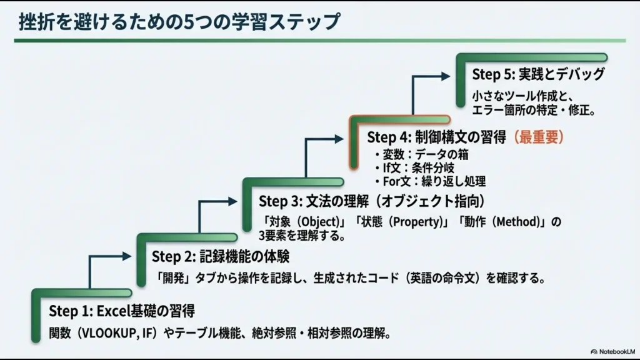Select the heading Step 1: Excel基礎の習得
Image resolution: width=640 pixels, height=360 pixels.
point(122,311)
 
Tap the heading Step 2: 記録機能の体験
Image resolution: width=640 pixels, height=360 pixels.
point(220,257)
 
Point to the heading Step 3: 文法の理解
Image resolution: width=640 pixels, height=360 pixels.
point(372,201)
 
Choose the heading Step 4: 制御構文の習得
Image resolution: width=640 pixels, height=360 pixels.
point(436,137)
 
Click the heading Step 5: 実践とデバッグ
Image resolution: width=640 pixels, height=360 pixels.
point(538,74)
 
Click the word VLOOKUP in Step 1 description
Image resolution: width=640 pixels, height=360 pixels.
point(107,332)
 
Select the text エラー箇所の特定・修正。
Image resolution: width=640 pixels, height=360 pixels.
point(533,111)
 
